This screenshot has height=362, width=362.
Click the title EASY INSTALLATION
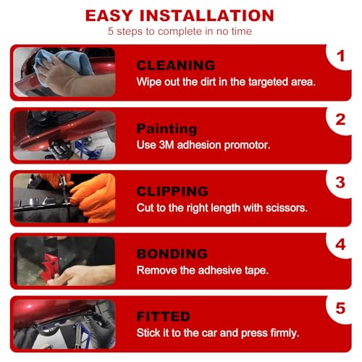(x=180, y=15)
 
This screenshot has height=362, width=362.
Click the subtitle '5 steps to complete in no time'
(x=180, y=32)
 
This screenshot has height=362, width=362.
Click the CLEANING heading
(x=176, y=65)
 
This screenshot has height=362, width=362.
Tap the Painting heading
(x=167, y=128)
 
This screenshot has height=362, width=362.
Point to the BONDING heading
(x=172, y=253)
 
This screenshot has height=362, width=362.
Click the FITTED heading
(x=164, y=316)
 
